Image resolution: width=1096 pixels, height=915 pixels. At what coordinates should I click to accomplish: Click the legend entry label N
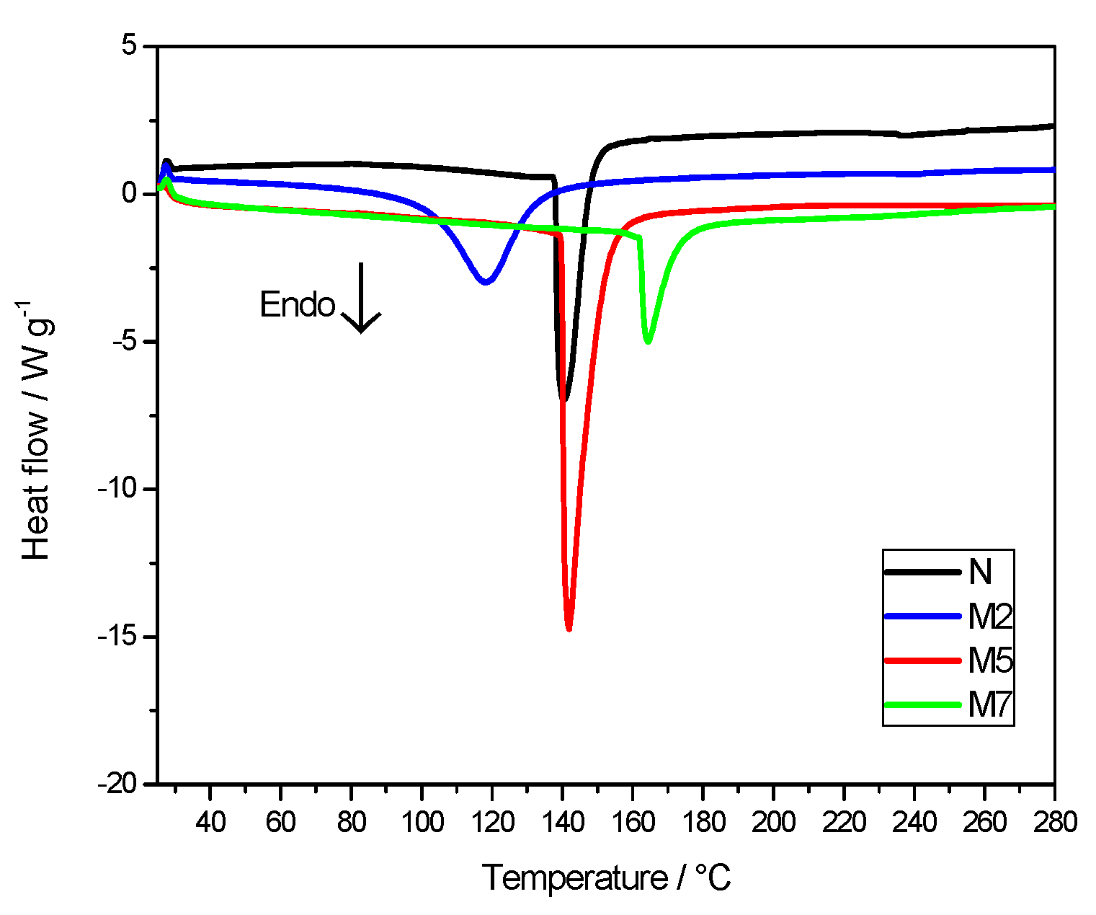(980, 572)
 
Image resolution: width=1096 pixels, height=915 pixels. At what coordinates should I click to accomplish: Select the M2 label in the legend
(990, 616)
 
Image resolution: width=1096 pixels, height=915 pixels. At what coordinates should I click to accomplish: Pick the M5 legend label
(990, 660)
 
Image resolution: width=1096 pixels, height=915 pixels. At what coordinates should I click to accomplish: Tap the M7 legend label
(990, 704)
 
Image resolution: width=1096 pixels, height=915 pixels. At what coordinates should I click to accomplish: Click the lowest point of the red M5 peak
(569, 629)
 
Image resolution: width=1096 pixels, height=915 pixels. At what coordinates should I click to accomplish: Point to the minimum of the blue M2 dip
(486, 282)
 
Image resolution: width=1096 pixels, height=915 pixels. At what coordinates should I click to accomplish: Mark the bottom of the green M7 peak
(648, 341)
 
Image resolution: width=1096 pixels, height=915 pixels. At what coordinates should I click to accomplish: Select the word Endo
(297, 305)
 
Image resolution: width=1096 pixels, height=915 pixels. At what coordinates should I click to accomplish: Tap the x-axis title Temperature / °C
(606, 878)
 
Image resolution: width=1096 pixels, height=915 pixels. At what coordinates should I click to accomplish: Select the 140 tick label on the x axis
(563, 821)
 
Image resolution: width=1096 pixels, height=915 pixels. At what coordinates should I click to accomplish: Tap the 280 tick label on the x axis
(1054, 821)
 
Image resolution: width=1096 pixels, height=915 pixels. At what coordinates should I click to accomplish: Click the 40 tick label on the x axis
(210, 821)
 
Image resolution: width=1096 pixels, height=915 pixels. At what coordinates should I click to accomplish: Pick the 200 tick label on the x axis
(773, 821)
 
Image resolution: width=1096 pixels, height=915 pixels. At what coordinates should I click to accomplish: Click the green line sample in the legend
(923, 704)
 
